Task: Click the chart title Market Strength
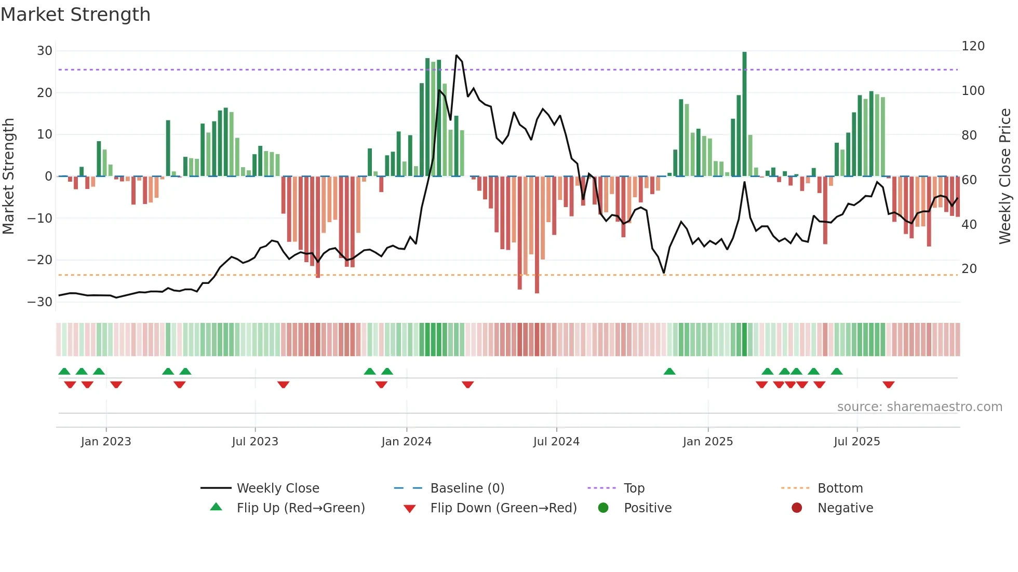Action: pyautogui.click(x=75, y=15)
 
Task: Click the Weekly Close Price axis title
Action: pyautogui.click(x=1005, y=176)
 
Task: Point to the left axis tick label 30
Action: pyautogui.click(x=45, y=51)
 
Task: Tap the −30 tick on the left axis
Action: pyautogui.click(x=41, y=302)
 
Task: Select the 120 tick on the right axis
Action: pyautogui.click(x=973, y=46)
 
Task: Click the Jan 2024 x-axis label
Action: pyautogui.click(x=406, y=442)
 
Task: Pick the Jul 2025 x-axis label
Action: pyautogui.click(x=856, y=442)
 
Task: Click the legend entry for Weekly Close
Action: pyautogui.click(x=278, y=488)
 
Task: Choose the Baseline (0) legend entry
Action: pyautogui.click(x=467, y=488)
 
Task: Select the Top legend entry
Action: pyautogui.click(x=634, y=488)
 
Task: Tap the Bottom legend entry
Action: pyautogui.click(x=840, y=488)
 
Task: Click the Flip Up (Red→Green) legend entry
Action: pyautogui.click(x=300, y=508)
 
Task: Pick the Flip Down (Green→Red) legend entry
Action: pyautogui.click(x=503, y=508)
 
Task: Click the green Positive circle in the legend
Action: pyautogui.click(x=603, y=508)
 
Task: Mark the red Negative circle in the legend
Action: pyautogui.click(x=797, y=508)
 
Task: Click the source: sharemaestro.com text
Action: pyautogui.click(x=919, y=407)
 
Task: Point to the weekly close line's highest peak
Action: pyautogui.click(x=457, y=56)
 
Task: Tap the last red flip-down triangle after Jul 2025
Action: pyautogui.click(x=888, y=385)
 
